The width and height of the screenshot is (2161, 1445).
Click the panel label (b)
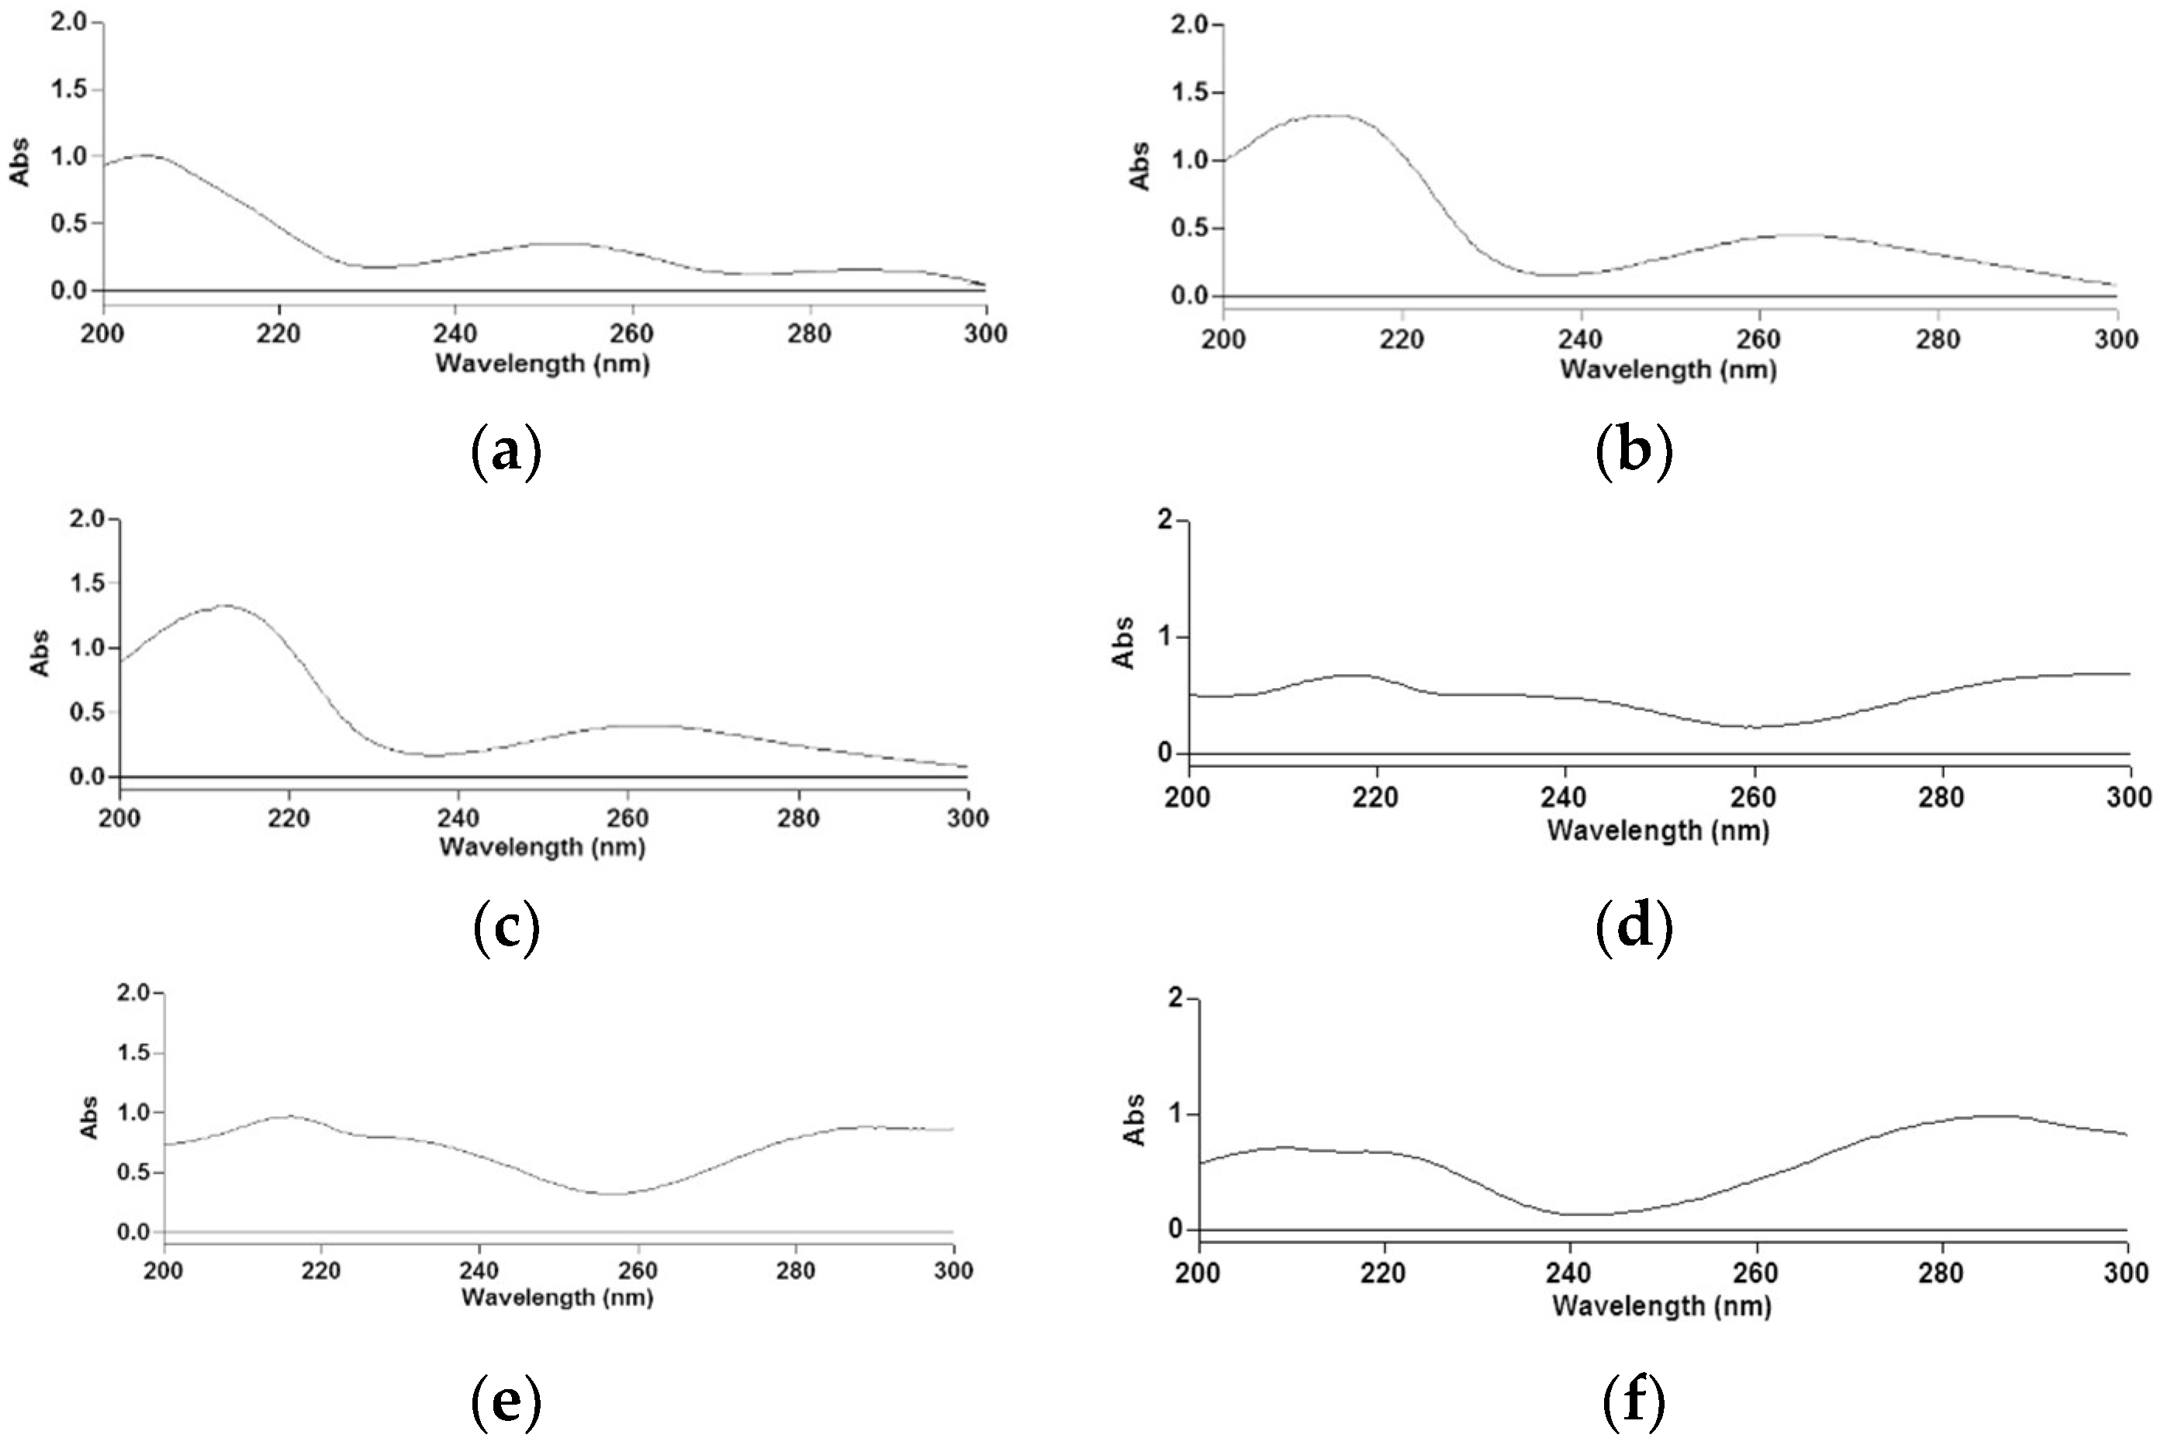coord(1633,452)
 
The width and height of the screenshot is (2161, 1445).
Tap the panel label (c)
coord(506,931)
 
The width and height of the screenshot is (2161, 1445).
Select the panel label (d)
coord(1633,931)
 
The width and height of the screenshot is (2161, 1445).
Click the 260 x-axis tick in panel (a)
coord(632,334)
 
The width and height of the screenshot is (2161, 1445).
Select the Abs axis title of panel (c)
coord(40,652)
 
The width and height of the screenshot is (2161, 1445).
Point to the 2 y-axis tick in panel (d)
coord(1167,520)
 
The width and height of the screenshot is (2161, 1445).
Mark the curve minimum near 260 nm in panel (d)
coord(1754,727)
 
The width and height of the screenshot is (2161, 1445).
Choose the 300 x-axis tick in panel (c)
coord(967,818)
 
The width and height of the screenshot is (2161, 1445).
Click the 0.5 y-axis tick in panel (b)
coord(1189,229)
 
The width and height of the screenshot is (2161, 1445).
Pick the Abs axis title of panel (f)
coord(1136,1121)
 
